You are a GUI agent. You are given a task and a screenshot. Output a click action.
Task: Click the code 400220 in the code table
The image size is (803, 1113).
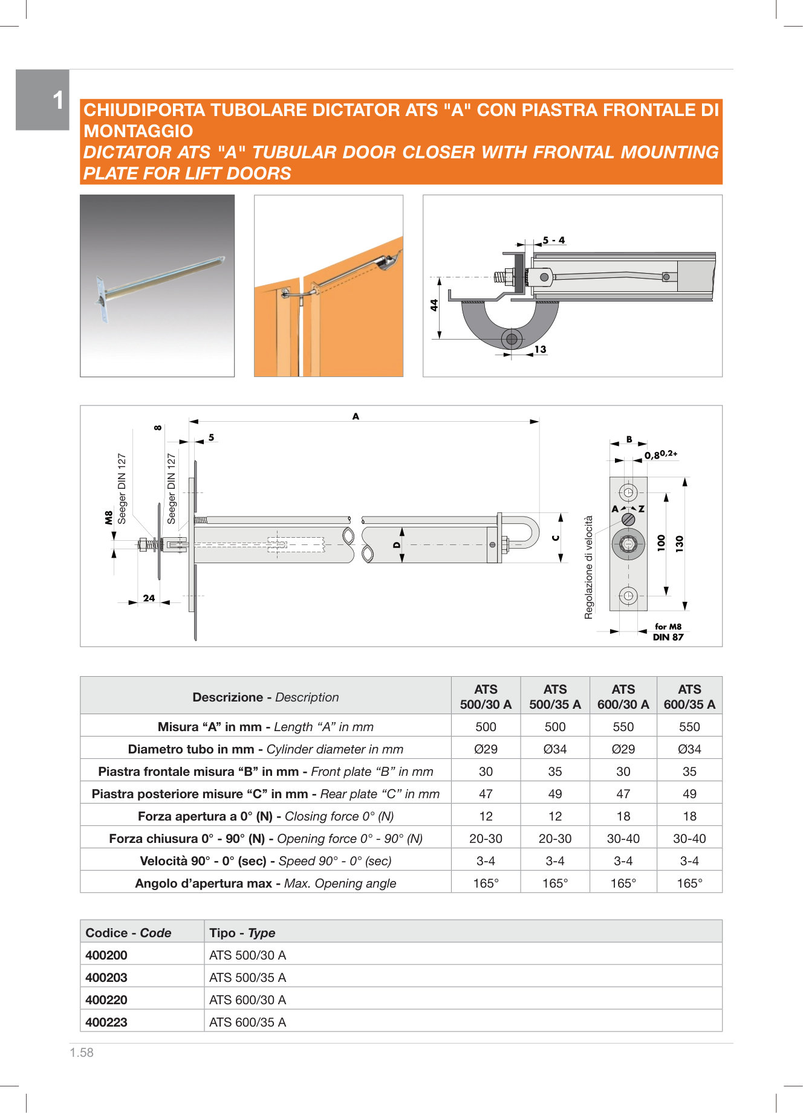pos(106,1000)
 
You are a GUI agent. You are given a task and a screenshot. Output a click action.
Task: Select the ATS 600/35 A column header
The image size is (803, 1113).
pos(689,697)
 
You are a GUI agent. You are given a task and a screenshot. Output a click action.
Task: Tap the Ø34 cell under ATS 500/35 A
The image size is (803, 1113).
pos(554,749)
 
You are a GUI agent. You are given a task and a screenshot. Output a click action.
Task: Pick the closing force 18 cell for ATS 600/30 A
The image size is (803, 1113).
pos(623,816)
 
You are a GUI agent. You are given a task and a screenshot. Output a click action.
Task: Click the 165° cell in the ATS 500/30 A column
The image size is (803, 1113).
pos(486,883)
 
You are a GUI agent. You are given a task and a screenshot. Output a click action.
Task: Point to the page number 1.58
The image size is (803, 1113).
pos(82,1053)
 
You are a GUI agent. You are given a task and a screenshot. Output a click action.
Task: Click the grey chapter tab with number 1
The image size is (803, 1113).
pos(43,100)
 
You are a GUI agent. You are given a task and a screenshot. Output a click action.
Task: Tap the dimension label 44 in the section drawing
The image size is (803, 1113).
pos(434,305)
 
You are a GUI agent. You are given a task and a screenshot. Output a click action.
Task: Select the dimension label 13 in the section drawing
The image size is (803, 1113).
pos(540,349)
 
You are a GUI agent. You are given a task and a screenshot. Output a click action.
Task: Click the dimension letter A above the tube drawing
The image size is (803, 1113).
pos(356,416)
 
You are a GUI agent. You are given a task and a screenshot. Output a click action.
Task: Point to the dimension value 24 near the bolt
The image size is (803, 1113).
pos(149,598)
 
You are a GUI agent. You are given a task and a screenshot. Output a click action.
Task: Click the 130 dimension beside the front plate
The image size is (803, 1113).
pos(679,542)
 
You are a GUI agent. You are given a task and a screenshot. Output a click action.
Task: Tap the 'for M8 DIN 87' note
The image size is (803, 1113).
pos(668,632)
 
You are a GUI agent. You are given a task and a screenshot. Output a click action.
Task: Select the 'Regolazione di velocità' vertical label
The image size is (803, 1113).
pos(589,567)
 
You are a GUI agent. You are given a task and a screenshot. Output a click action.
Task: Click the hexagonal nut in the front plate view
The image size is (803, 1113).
pos(628,544)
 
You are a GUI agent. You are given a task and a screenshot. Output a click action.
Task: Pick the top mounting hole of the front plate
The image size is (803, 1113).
pos(628,492)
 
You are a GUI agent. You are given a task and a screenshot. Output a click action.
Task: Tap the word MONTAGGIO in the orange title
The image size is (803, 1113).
pos(138,131)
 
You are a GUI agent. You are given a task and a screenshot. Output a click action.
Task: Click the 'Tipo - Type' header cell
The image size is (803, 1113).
pos(242,933)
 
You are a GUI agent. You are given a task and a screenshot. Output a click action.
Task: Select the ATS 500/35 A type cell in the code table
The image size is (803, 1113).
pos(248,978)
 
